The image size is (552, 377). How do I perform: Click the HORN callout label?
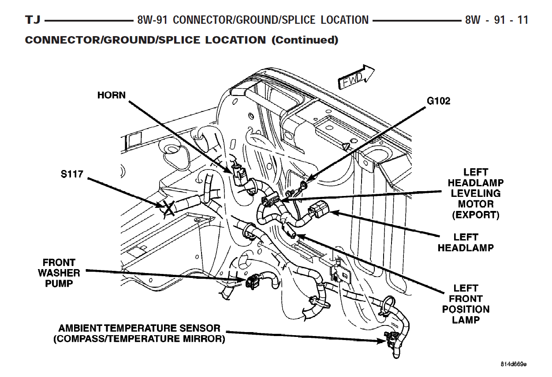112,95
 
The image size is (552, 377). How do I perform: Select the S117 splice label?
72,174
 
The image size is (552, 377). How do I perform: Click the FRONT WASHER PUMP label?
59,273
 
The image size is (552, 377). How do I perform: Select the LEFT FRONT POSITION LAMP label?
466,304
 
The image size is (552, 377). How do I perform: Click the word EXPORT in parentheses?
476,215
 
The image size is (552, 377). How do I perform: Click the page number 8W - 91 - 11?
496,20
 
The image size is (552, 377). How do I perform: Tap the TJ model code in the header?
33,20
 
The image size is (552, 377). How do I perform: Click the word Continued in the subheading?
305,40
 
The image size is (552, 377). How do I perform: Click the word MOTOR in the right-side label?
476,204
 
